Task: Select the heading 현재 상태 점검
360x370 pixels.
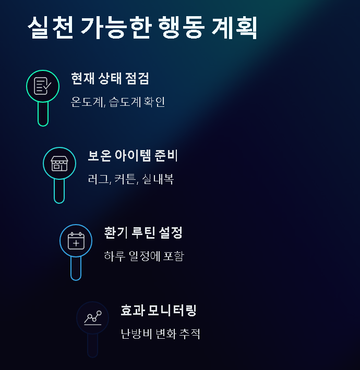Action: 110,79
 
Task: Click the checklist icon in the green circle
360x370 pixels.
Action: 43,86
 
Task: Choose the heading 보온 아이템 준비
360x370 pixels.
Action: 133,156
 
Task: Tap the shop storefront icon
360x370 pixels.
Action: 59,164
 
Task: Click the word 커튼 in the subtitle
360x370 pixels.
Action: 126,179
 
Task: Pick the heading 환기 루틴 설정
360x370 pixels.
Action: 143,233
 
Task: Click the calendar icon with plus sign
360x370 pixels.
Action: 76,241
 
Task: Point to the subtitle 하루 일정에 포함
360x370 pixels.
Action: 144,256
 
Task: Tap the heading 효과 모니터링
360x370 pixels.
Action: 158,311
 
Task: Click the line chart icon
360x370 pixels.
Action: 92,318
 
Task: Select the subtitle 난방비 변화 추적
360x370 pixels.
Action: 160,334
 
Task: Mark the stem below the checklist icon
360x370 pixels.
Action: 43,115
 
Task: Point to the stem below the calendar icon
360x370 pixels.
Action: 76,269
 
